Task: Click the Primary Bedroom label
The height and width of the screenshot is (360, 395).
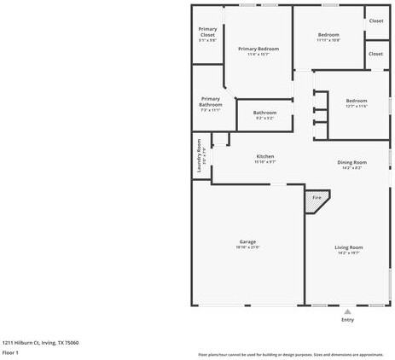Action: point(258,49)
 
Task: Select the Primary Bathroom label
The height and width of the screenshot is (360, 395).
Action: point(210,102)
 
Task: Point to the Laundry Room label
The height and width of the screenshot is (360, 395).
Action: point(199,156)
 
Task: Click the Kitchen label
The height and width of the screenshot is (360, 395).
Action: point(265,157)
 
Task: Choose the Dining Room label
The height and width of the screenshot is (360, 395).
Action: point(351,162)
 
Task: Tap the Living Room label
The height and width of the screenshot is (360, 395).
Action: point(350,247)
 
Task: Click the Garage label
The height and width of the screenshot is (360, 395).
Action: point(247,241)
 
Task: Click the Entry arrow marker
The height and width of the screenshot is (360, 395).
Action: point(347,311)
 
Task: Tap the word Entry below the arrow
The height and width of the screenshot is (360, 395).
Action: point(347,320)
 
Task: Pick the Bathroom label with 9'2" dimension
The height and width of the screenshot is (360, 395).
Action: point(264,113)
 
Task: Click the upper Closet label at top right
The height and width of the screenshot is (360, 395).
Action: point(375,20)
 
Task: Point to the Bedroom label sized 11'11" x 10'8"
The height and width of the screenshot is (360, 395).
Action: point(328,35)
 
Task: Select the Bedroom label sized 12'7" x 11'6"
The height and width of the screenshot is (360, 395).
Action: point(357,101)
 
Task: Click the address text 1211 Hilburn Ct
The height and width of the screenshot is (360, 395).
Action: point(40,342)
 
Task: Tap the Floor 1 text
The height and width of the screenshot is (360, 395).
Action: point(10,352)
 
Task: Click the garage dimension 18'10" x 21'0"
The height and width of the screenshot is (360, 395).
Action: point(247,247)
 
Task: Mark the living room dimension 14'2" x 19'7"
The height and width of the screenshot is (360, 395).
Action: point(350,253)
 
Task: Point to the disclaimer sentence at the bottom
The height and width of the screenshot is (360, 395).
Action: point(291,354)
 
